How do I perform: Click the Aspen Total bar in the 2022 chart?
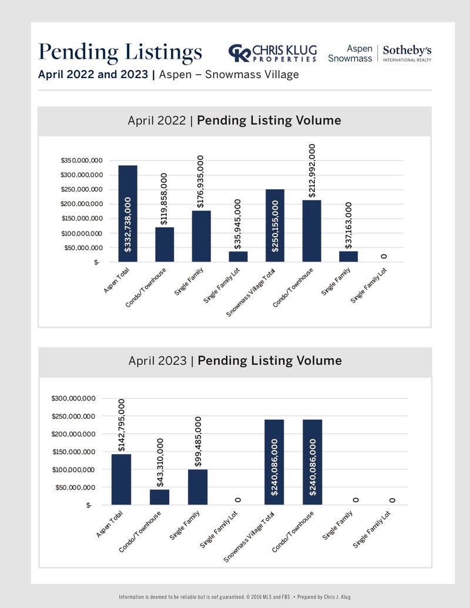(127, 214)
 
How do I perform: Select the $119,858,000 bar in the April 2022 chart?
(164, 245)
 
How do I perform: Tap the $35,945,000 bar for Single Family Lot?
(238, 257)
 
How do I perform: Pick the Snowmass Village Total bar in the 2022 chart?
(275, 226)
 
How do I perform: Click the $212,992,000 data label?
(312, 170)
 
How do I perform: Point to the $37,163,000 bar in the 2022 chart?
(348, 257)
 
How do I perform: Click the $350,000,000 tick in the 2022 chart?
(82, 160)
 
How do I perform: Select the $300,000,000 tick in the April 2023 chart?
(73, 398)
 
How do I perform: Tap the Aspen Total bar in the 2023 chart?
(121, 479)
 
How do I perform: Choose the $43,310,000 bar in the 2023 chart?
(159, 497)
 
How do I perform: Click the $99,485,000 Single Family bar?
(198, 487)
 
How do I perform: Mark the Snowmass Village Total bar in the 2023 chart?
(274, 462)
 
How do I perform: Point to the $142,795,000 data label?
(122, 425)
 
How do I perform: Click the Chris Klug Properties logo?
(273, 53)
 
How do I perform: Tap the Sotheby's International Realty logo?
(407, 53)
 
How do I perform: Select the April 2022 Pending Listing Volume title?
(234, 120)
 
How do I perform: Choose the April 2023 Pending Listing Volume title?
(235, 361)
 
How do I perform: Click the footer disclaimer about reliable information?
(234, 597)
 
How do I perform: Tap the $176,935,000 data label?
(200, 182)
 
